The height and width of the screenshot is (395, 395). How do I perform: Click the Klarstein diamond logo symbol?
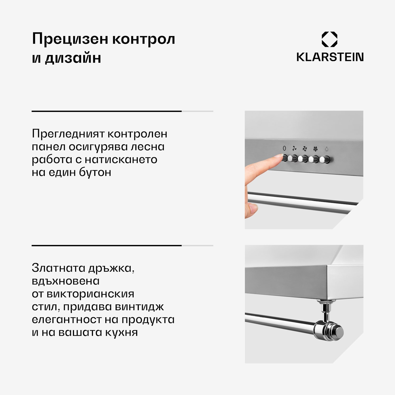(329, 39)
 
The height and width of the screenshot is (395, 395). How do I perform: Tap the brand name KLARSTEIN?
(330, 57)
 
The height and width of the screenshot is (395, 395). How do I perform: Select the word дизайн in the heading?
(73, 58)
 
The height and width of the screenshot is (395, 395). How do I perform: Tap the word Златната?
(58, 268)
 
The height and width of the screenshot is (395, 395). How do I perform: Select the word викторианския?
(90, 294)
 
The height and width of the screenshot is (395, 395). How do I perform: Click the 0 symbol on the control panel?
(284, 149)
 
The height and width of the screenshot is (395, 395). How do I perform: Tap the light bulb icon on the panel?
(327, 149)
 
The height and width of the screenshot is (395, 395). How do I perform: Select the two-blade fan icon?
(294, 149)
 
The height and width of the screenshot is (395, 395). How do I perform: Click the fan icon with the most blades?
(315, 149)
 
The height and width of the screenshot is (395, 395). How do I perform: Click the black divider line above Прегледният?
(107, 111)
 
